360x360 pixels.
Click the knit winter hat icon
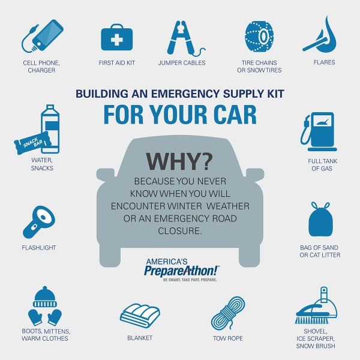[x=44, y=296]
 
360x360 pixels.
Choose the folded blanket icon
[x=140, y=313]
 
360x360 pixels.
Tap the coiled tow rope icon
[x=227, y=311]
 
